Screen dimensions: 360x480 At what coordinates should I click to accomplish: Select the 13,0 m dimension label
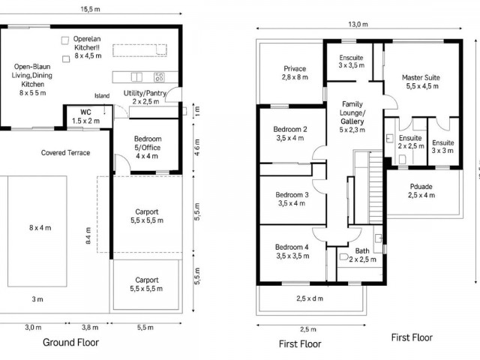[358, 25]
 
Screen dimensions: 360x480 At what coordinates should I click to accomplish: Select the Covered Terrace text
[65, 153]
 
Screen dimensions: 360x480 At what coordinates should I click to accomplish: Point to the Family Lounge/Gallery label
[352, 117]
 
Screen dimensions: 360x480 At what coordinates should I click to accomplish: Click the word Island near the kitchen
[102, 96]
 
